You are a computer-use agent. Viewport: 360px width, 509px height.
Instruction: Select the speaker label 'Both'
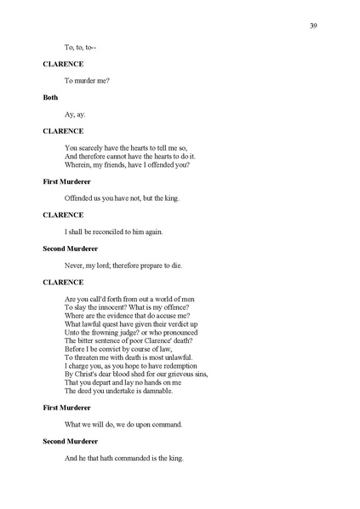[50, 98]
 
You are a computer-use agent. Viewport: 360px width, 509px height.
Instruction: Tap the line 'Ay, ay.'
[75, 114]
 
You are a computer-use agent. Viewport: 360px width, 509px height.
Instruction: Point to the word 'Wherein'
[77, 164]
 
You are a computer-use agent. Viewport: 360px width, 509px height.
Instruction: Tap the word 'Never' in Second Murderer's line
[75, 265]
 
